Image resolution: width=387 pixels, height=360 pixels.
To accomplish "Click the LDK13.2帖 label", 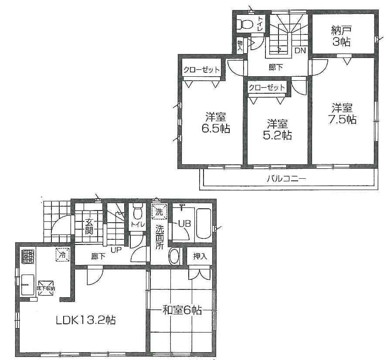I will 85,320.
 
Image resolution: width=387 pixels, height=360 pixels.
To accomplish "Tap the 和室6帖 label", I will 182,310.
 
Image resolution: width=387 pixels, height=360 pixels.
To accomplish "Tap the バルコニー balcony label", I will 286,179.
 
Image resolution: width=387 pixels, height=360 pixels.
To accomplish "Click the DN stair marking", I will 300,51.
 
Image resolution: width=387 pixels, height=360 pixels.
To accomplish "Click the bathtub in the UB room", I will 204,224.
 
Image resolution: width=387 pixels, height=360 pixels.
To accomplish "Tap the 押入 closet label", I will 200,256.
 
